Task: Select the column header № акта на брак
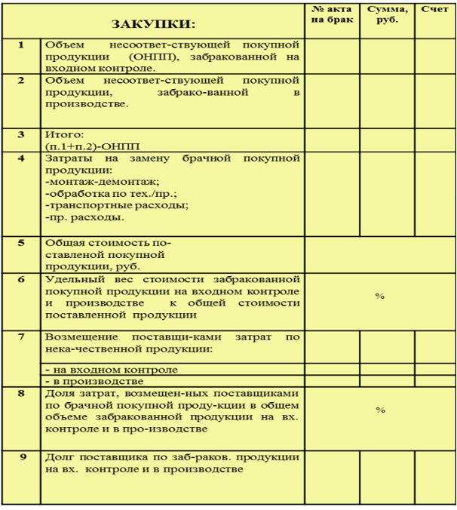coord(330,14)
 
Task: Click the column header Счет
coord(434,8)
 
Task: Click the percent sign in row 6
coord(380,296)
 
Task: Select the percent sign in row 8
coord(380,410)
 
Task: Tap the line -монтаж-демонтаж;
coord(103,182)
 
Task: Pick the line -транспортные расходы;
coord(117,205)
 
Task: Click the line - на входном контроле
coord(112,370)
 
